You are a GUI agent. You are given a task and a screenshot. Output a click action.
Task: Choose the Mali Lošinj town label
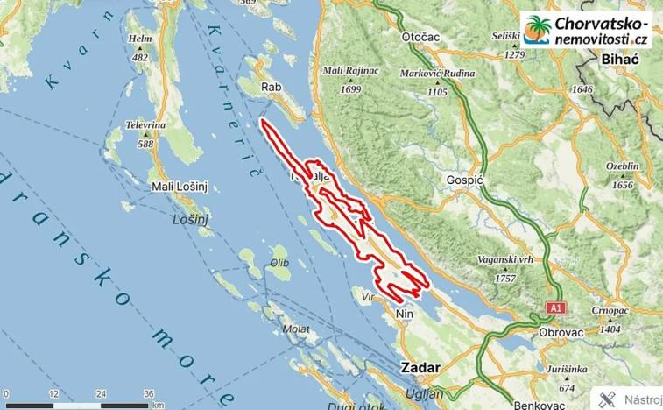175,187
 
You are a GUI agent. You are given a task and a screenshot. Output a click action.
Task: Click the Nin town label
404,312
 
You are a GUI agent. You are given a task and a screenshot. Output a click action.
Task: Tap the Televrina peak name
145,125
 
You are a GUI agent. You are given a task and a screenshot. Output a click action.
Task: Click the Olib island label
279,263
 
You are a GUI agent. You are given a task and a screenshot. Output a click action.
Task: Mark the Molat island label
294,329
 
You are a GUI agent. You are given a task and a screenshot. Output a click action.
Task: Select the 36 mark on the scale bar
149,392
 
